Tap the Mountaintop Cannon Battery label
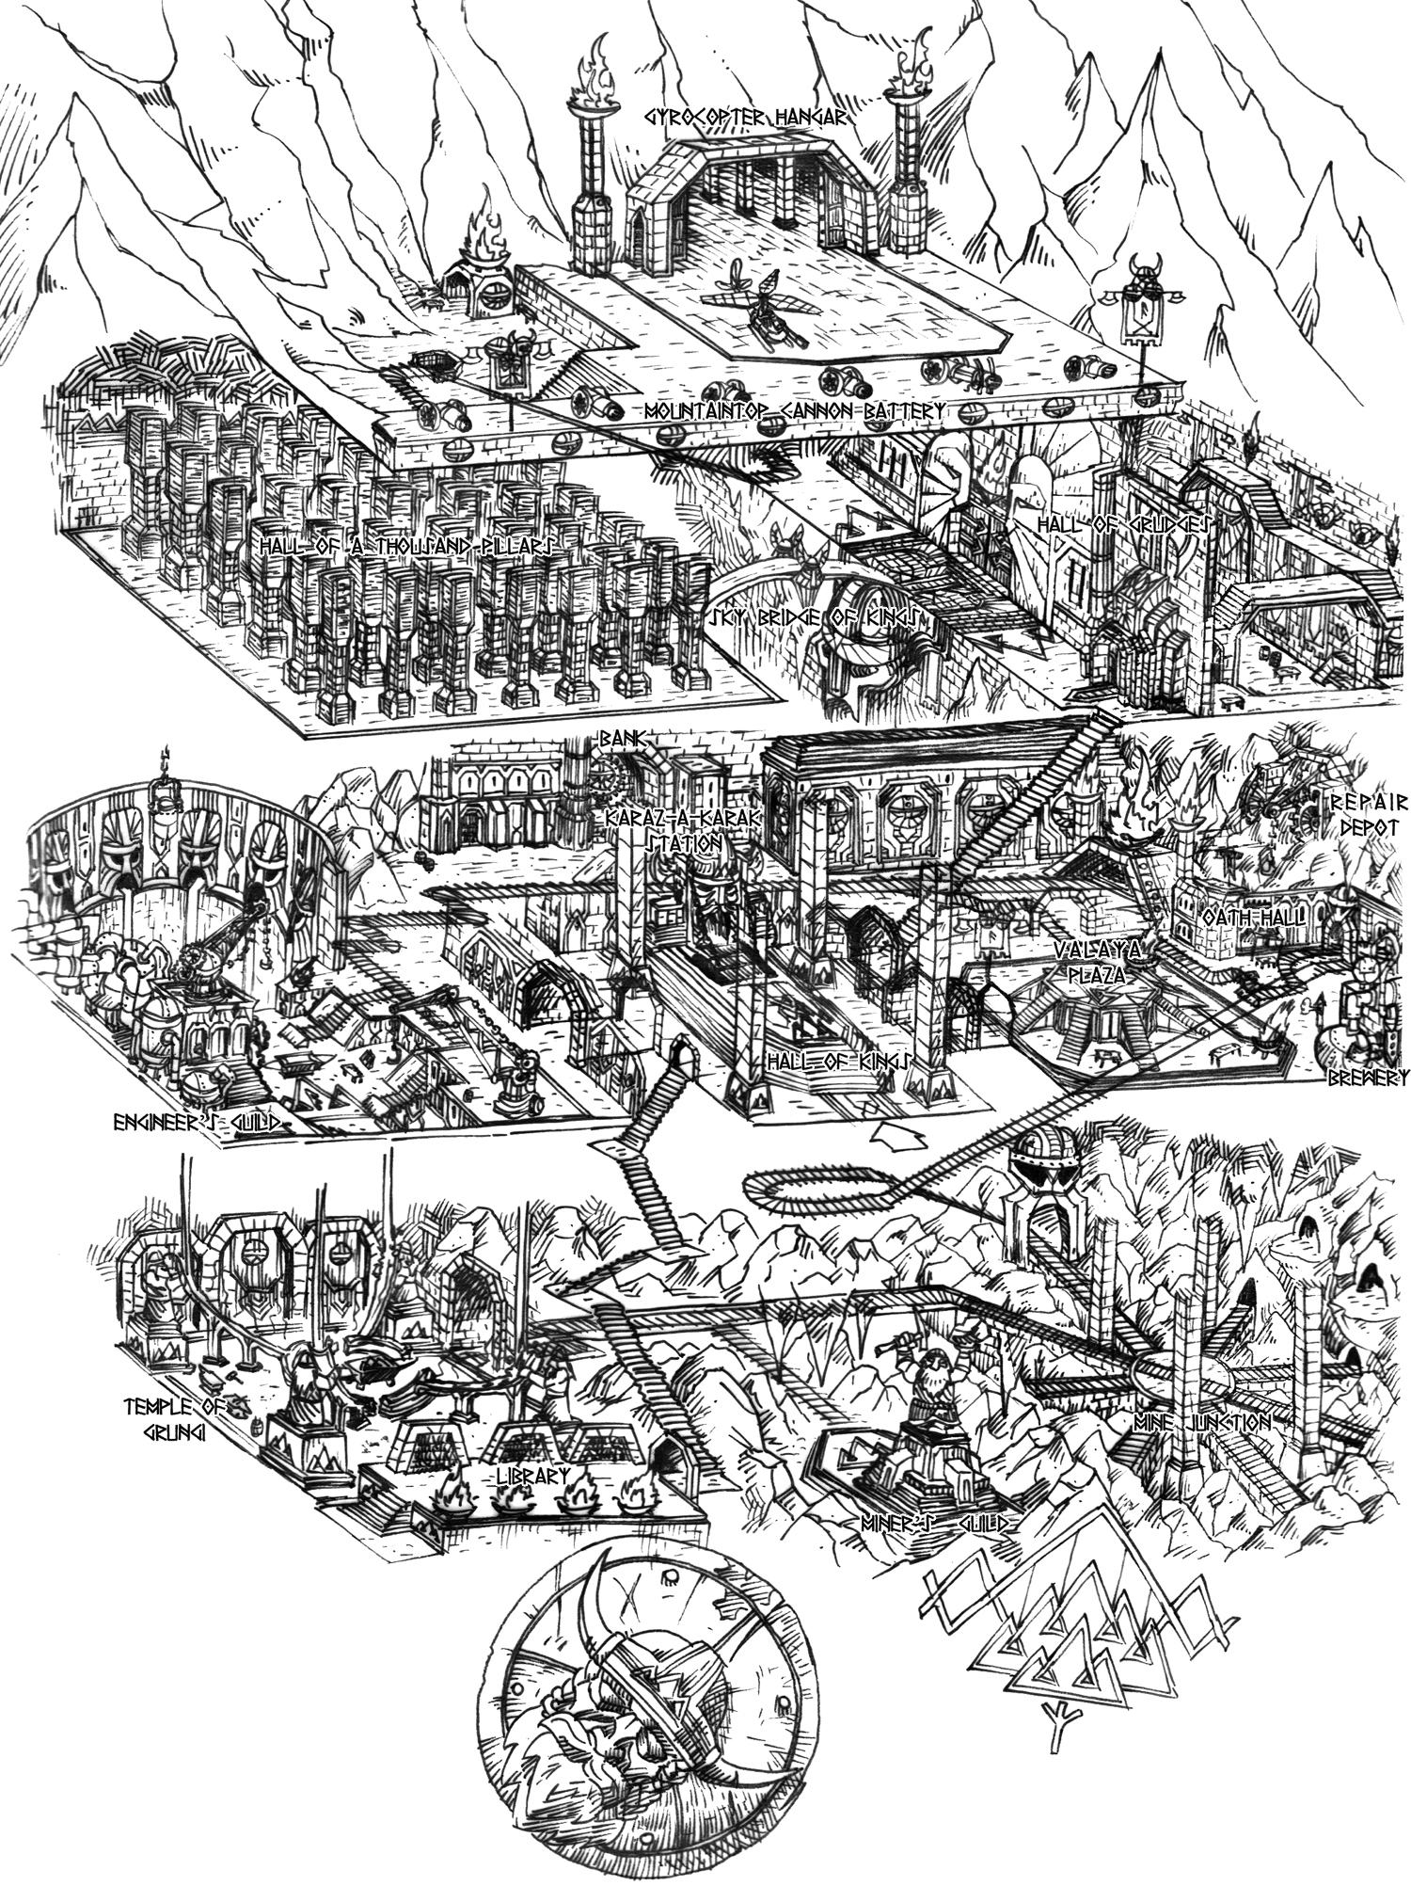(794, 411)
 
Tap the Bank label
(621, 741)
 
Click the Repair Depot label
(1368, 814)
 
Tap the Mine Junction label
(1202, 1422)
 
